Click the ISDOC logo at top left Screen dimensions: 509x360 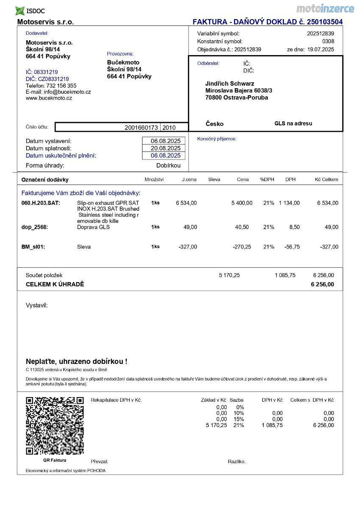tap(30, 11)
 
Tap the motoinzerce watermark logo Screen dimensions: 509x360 tap(325, 8)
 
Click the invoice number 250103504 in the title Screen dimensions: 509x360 tap(325, 22)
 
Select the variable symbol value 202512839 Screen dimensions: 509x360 tap(321, 34)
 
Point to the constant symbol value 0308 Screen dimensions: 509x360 tap(328, 42)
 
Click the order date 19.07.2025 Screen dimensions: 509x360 tap(321, 50)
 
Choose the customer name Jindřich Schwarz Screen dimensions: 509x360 tap(230, 84)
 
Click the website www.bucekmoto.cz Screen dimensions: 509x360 tap(49, 98)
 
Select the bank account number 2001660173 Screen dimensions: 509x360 tap(141, 127)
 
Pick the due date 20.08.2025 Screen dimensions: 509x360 tap(166, 148)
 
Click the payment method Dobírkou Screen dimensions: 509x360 tap(168, 165)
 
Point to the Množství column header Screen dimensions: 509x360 tap(154, 179)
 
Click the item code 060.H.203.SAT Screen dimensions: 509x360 tap(41, 203)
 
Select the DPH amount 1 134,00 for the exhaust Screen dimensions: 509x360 tap(289, 203)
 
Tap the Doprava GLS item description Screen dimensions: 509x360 tap(93, 227)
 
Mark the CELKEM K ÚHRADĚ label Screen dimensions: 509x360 tap(55, 284)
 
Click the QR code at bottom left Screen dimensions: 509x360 tap(55, 425)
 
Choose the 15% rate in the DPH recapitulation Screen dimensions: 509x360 tap(239, 419)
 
